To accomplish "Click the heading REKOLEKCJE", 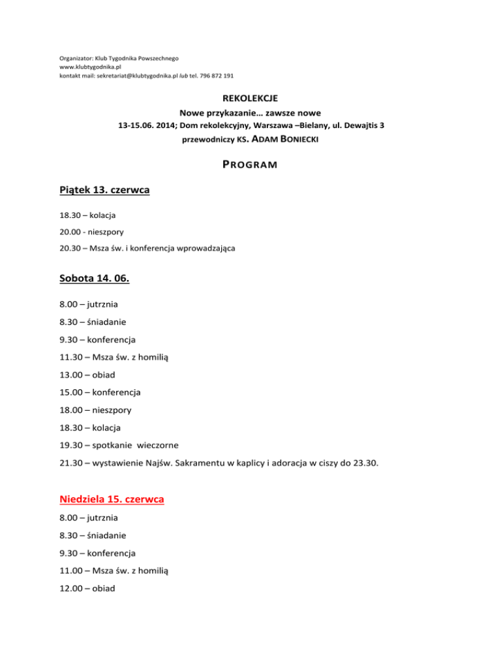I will pyautogui.click(x=250, y=99).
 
